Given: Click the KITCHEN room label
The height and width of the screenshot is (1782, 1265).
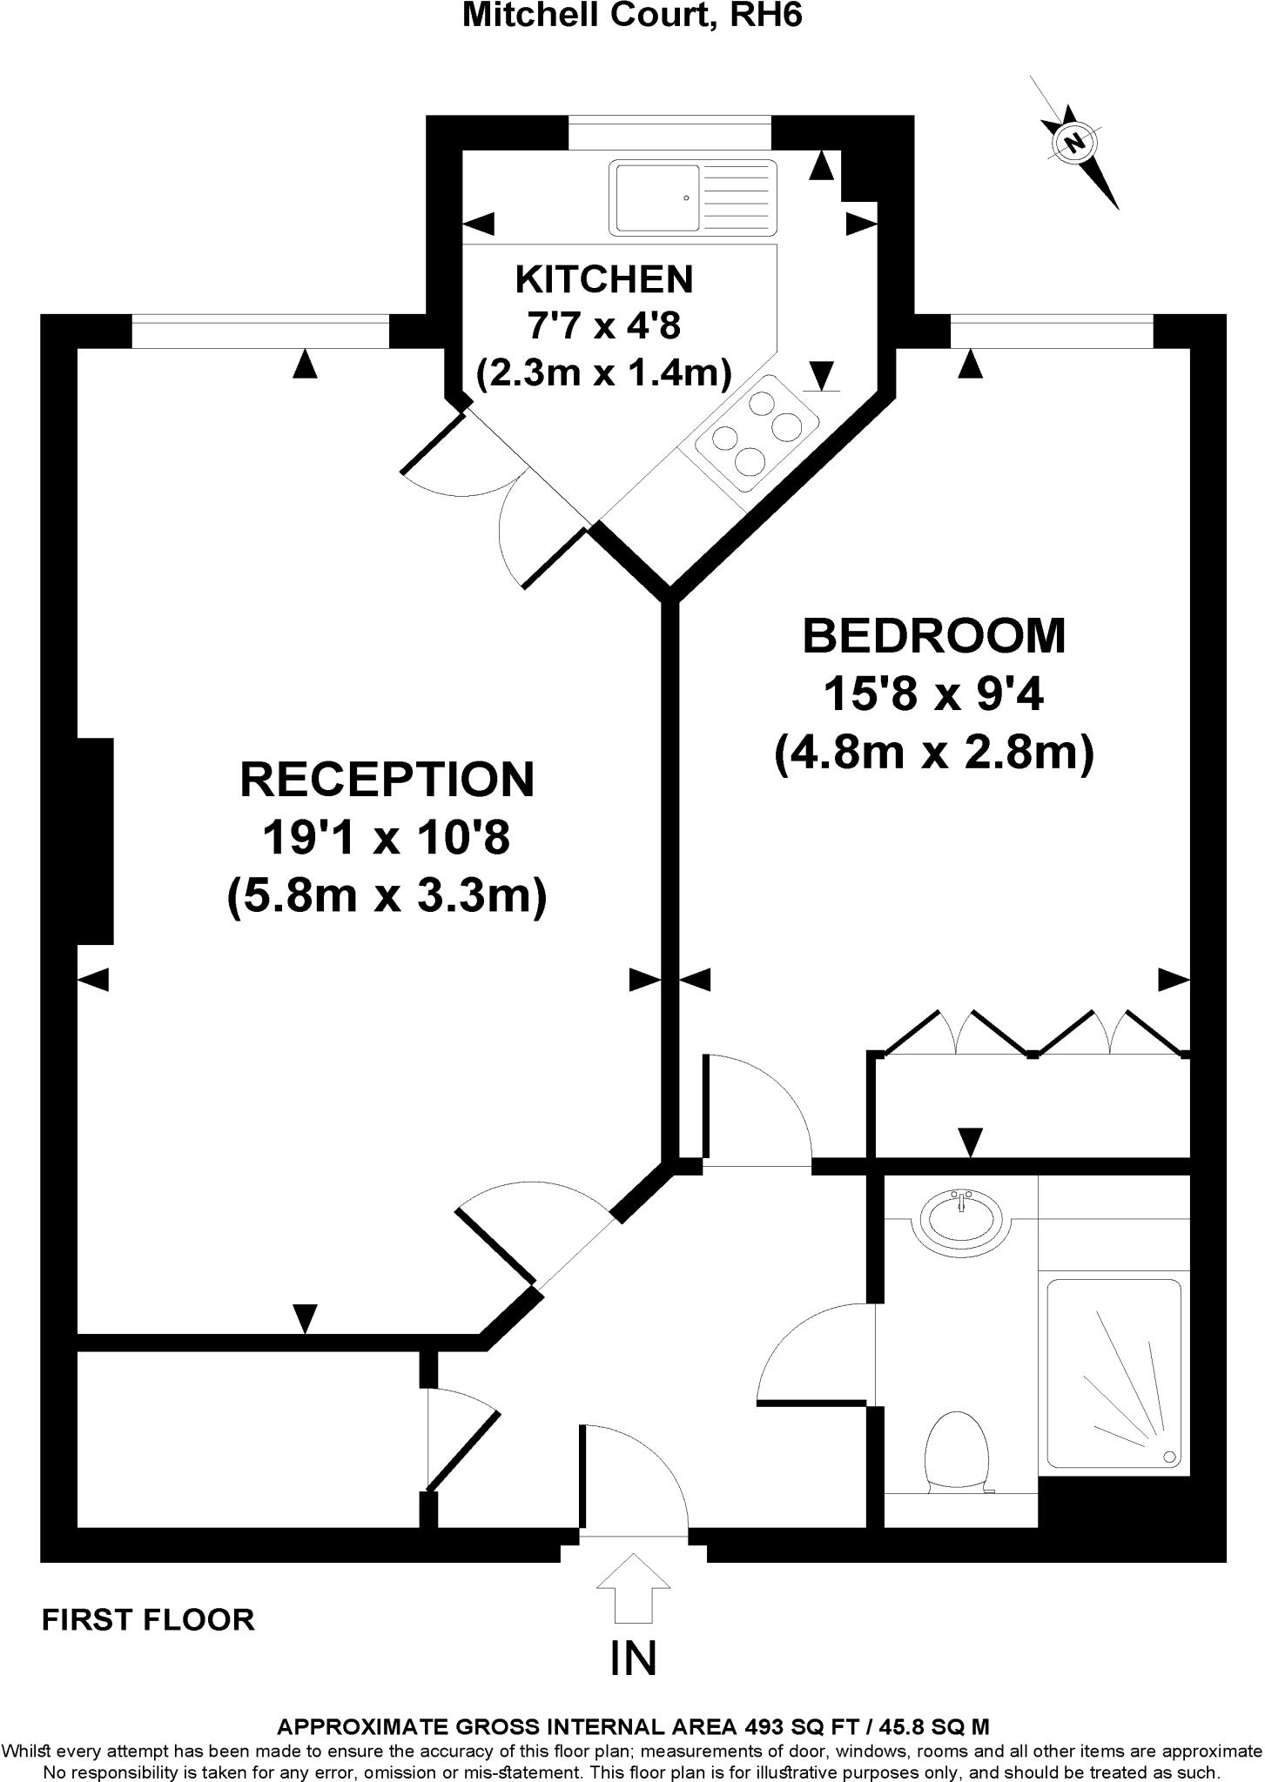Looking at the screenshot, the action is click(x=604, y=279).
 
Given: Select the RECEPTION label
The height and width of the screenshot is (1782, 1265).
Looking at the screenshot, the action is click(x=387, y=779).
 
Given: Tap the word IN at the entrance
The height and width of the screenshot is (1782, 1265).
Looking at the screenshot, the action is click(x=633, y=1658).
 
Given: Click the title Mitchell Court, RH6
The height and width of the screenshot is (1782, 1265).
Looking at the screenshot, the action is click(x=632, y=16).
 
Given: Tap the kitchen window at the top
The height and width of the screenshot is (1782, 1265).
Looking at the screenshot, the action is click(x=670, y=132).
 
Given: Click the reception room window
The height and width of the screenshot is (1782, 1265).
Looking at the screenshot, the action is click(x=260, y=332).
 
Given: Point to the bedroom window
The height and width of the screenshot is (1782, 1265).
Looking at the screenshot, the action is click(x=1052, y=332).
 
